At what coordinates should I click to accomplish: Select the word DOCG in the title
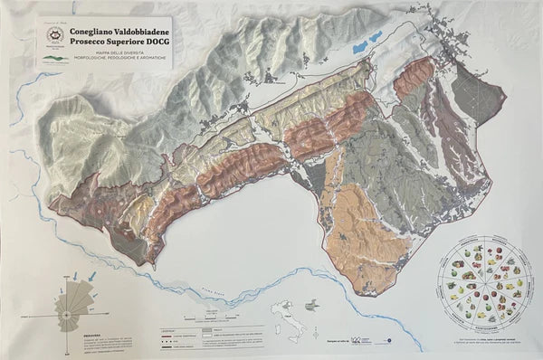click(157, 42)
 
